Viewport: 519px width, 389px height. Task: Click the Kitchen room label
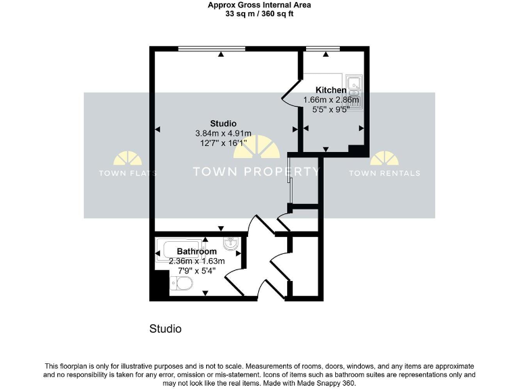pyautogui.click(x=331, y=90)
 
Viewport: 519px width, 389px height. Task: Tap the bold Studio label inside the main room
pyautogui.click(x=223, y=124)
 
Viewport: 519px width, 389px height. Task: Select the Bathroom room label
pyautogui.click(x=197, y=252)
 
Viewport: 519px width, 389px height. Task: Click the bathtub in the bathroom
pyautogui.click(x=181, y=250)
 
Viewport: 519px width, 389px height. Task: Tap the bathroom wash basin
pyautogui.click(x=230, y=244)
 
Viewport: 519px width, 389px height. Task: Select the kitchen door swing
pyautogui.click(x=291, y=95)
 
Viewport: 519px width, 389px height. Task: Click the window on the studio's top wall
pyautogui.click(x=212, y=49)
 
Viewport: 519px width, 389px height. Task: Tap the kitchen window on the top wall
pyautogui.click(x=322, y=49)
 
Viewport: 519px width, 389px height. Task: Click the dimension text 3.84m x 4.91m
pyautogui.click(x=223, y=133)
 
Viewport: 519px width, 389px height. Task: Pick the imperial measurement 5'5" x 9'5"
pyautogui.click(x=331, y=110)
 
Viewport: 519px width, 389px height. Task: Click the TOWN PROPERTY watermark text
pyautogui.click(x=256, y=172)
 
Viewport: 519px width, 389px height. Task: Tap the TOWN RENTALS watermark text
pyautogui.click(x=384, y=174)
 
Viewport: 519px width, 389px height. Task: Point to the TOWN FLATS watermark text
pyautogui.click(x=128, y=174)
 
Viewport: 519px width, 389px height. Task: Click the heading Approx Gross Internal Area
pyautogui.click(x=259, y=5)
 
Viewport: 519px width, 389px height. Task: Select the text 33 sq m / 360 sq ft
pyautogui.click(x=259, y=14)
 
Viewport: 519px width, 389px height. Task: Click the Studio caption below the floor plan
pyautogui.click(x=166, y=330)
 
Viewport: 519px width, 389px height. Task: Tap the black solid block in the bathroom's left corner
pyautogui.click(x=158, y=286)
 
